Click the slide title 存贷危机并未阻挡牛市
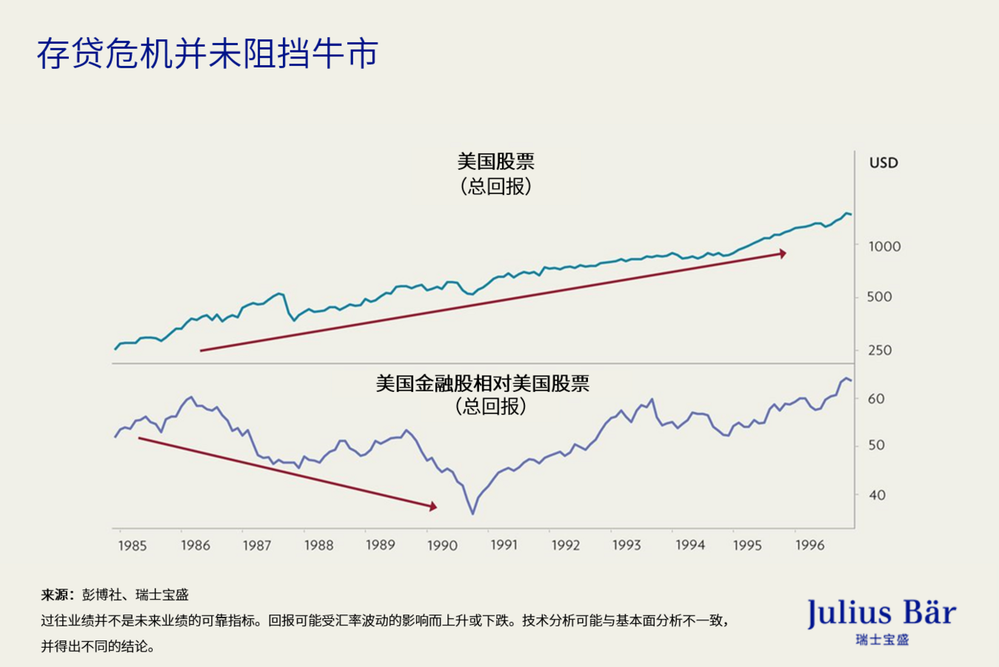[208, 54]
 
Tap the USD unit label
[883, 163]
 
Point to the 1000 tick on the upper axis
[884, 246]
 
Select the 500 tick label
[879, 296]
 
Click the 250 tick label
[879, 350]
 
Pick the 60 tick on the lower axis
[876, 399]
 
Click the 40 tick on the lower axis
[876, 494]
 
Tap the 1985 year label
[133, 545]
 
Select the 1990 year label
[442, 545]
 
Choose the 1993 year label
[627, 545]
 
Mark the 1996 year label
[809, 545]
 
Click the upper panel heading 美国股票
[495, 162]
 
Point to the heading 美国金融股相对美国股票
[482, 383]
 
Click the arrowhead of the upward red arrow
[783, 253]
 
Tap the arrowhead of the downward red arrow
[433, 507]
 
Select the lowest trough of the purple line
[472, 513]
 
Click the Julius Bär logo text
[881, 614]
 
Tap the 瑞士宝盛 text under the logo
[881, 640]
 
